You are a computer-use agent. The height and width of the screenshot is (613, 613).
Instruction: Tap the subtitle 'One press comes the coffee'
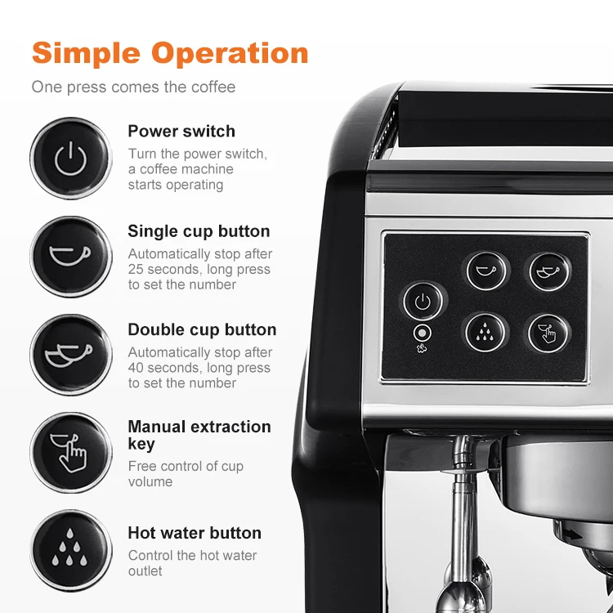pos(133,87)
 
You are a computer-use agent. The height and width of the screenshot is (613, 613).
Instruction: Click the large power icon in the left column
pos(70,159)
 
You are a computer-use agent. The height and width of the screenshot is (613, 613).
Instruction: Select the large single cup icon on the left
pos(70,256)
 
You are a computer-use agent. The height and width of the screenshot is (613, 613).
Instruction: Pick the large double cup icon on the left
pos(70,355)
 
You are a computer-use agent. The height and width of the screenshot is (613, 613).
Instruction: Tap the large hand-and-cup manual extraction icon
pos(70,452)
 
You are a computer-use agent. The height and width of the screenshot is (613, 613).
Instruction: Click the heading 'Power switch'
pos(181,132)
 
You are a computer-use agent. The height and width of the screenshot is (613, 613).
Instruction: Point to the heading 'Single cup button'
pos(199,231)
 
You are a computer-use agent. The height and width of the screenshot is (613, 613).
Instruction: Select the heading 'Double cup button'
pos(202,329)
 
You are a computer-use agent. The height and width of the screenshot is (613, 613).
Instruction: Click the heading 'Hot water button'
pos(195,533)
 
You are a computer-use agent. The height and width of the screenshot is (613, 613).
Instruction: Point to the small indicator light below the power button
pos(423,334)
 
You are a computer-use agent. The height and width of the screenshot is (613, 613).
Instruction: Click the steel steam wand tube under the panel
pos(463,523)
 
